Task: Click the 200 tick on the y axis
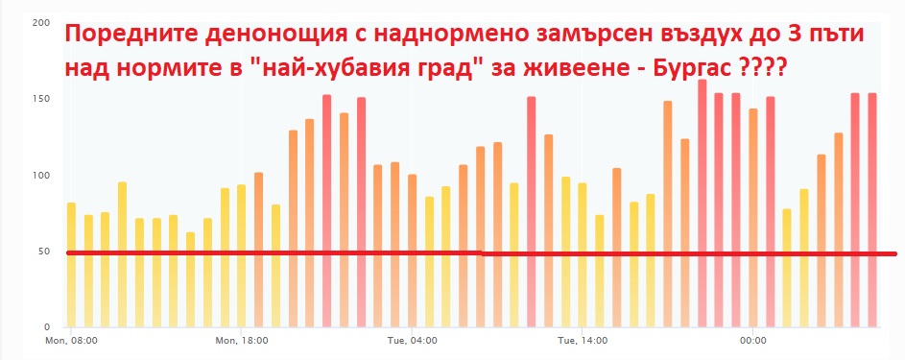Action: point(42,23)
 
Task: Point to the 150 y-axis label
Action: point(42,99)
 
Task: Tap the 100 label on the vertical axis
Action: point(42,176)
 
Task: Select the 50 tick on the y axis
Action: point(44,252)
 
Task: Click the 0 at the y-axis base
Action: point(47,327)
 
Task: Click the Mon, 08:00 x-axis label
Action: point(71,341)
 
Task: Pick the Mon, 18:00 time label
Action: point(242,341)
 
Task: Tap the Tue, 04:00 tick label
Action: point(412,341)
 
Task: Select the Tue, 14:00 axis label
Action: point(583,341)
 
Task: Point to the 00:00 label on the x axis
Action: point(752,341)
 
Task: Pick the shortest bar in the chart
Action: point(190,279)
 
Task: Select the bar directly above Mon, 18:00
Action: point(241,256)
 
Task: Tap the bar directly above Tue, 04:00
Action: point(412,251)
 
